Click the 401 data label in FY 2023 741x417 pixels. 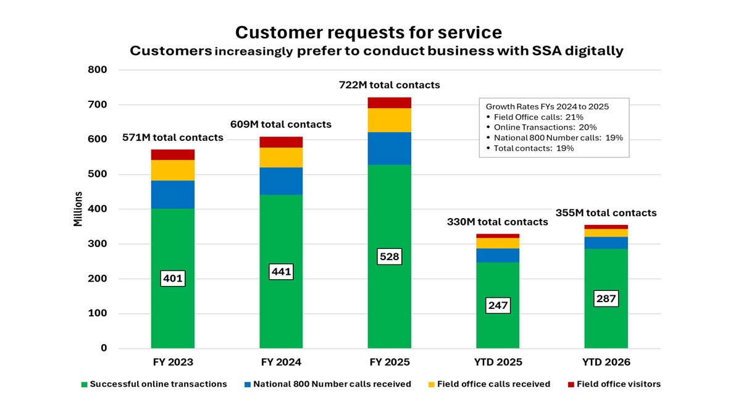click(x=173, y=279)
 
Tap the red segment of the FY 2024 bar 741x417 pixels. click(x=281, y=142)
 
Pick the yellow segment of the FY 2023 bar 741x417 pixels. click(x=173, y=170)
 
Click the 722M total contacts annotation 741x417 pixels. click(x=390, y=85)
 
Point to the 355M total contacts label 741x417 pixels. click(x=606, y=213)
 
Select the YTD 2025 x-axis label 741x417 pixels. click(x=498, y=362)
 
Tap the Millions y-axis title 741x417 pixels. click(x=78, y=209)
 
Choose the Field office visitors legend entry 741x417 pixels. click(x=614, y=384)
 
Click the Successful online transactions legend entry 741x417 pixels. click(x=154, y=384)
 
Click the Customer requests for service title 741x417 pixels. click(x=369, y=32)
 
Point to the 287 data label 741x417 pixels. click(x=606, y=299)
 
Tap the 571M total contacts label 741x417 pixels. click(x=174, y=138)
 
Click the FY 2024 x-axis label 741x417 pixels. click(x=281, y=362)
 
